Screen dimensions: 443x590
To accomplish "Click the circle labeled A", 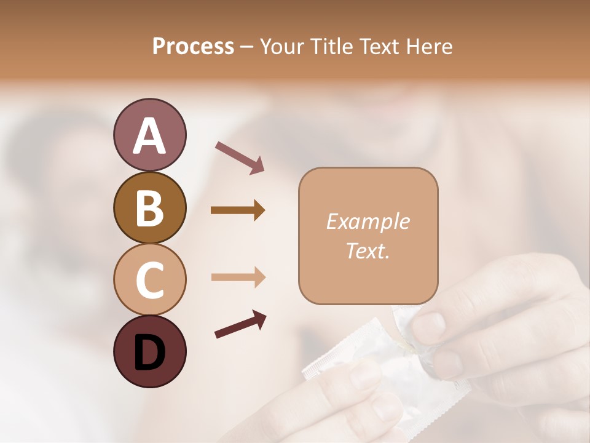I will (149, 135).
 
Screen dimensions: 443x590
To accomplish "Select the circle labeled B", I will (149, 207).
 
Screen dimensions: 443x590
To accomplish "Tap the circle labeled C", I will (149, 279).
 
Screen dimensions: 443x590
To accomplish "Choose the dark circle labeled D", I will (149, 351).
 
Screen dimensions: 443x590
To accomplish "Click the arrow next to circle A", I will (240, 157).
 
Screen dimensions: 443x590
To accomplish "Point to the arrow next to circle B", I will (238, 210).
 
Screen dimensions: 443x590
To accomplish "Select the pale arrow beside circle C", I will (238, 277).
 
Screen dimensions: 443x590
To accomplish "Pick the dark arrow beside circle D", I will (240, 324).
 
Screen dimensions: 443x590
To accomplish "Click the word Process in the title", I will (193, 46).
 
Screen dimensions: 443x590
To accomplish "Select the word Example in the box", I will (368, 221).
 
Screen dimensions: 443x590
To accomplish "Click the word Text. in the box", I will (368, 250).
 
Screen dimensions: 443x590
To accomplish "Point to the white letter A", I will (149, 135).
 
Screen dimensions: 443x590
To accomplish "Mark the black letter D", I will (149, 352).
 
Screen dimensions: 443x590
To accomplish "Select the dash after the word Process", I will (246, 47).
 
